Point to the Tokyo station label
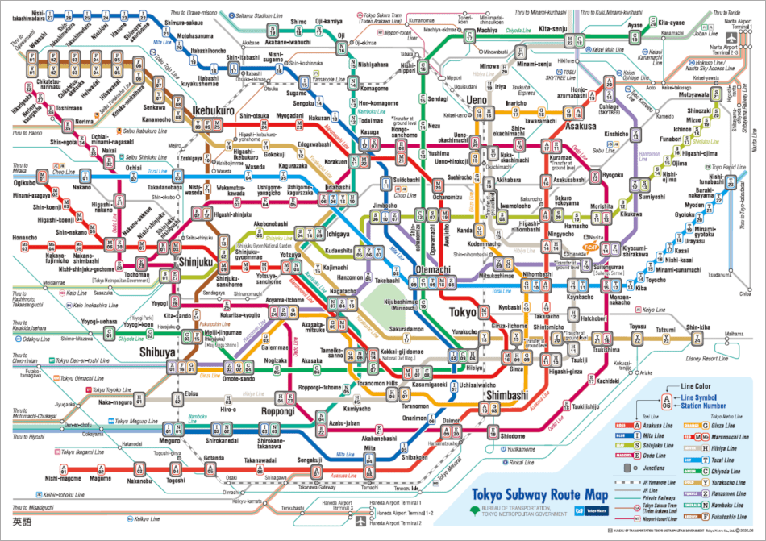coord(463,311)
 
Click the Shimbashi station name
coord(506,393)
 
